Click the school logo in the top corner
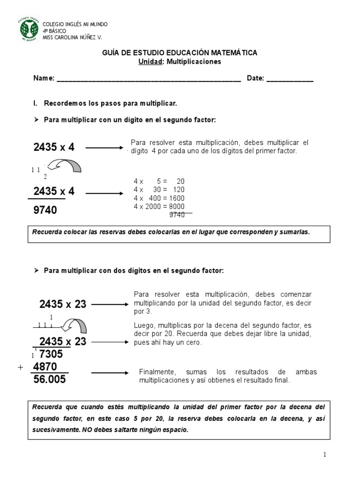tap(29, 30)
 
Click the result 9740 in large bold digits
tap(45, 210)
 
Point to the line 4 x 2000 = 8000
tap(159, 206)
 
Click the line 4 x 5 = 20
tap(159, 181)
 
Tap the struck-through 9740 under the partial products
tap(177, 215)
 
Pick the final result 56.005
tap(50, 380)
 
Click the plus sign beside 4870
tap(20, 368)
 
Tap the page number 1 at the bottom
tap(324, 454)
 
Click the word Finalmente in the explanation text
tap(156, 372)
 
